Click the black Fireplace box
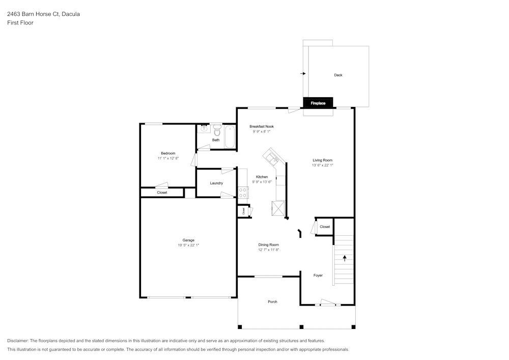(318, 103)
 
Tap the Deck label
(338, 75)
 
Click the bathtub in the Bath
(230, 136)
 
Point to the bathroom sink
(204, 128)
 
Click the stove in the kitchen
(243, 192)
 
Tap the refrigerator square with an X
(278, 208)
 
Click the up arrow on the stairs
(345, 258)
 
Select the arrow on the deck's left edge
(303, 74)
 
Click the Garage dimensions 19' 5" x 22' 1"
(188, 245)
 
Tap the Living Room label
(322, 160)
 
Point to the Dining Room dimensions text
(269, 250)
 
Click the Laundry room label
(216, 183)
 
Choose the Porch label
(273, 302)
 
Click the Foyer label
(318, 275)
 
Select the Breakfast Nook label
(262, 126)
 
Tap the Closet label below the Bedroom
(162, 192)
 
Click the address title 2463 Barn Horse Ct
(43, 14)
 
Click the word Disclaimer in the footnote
(18, 341)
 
